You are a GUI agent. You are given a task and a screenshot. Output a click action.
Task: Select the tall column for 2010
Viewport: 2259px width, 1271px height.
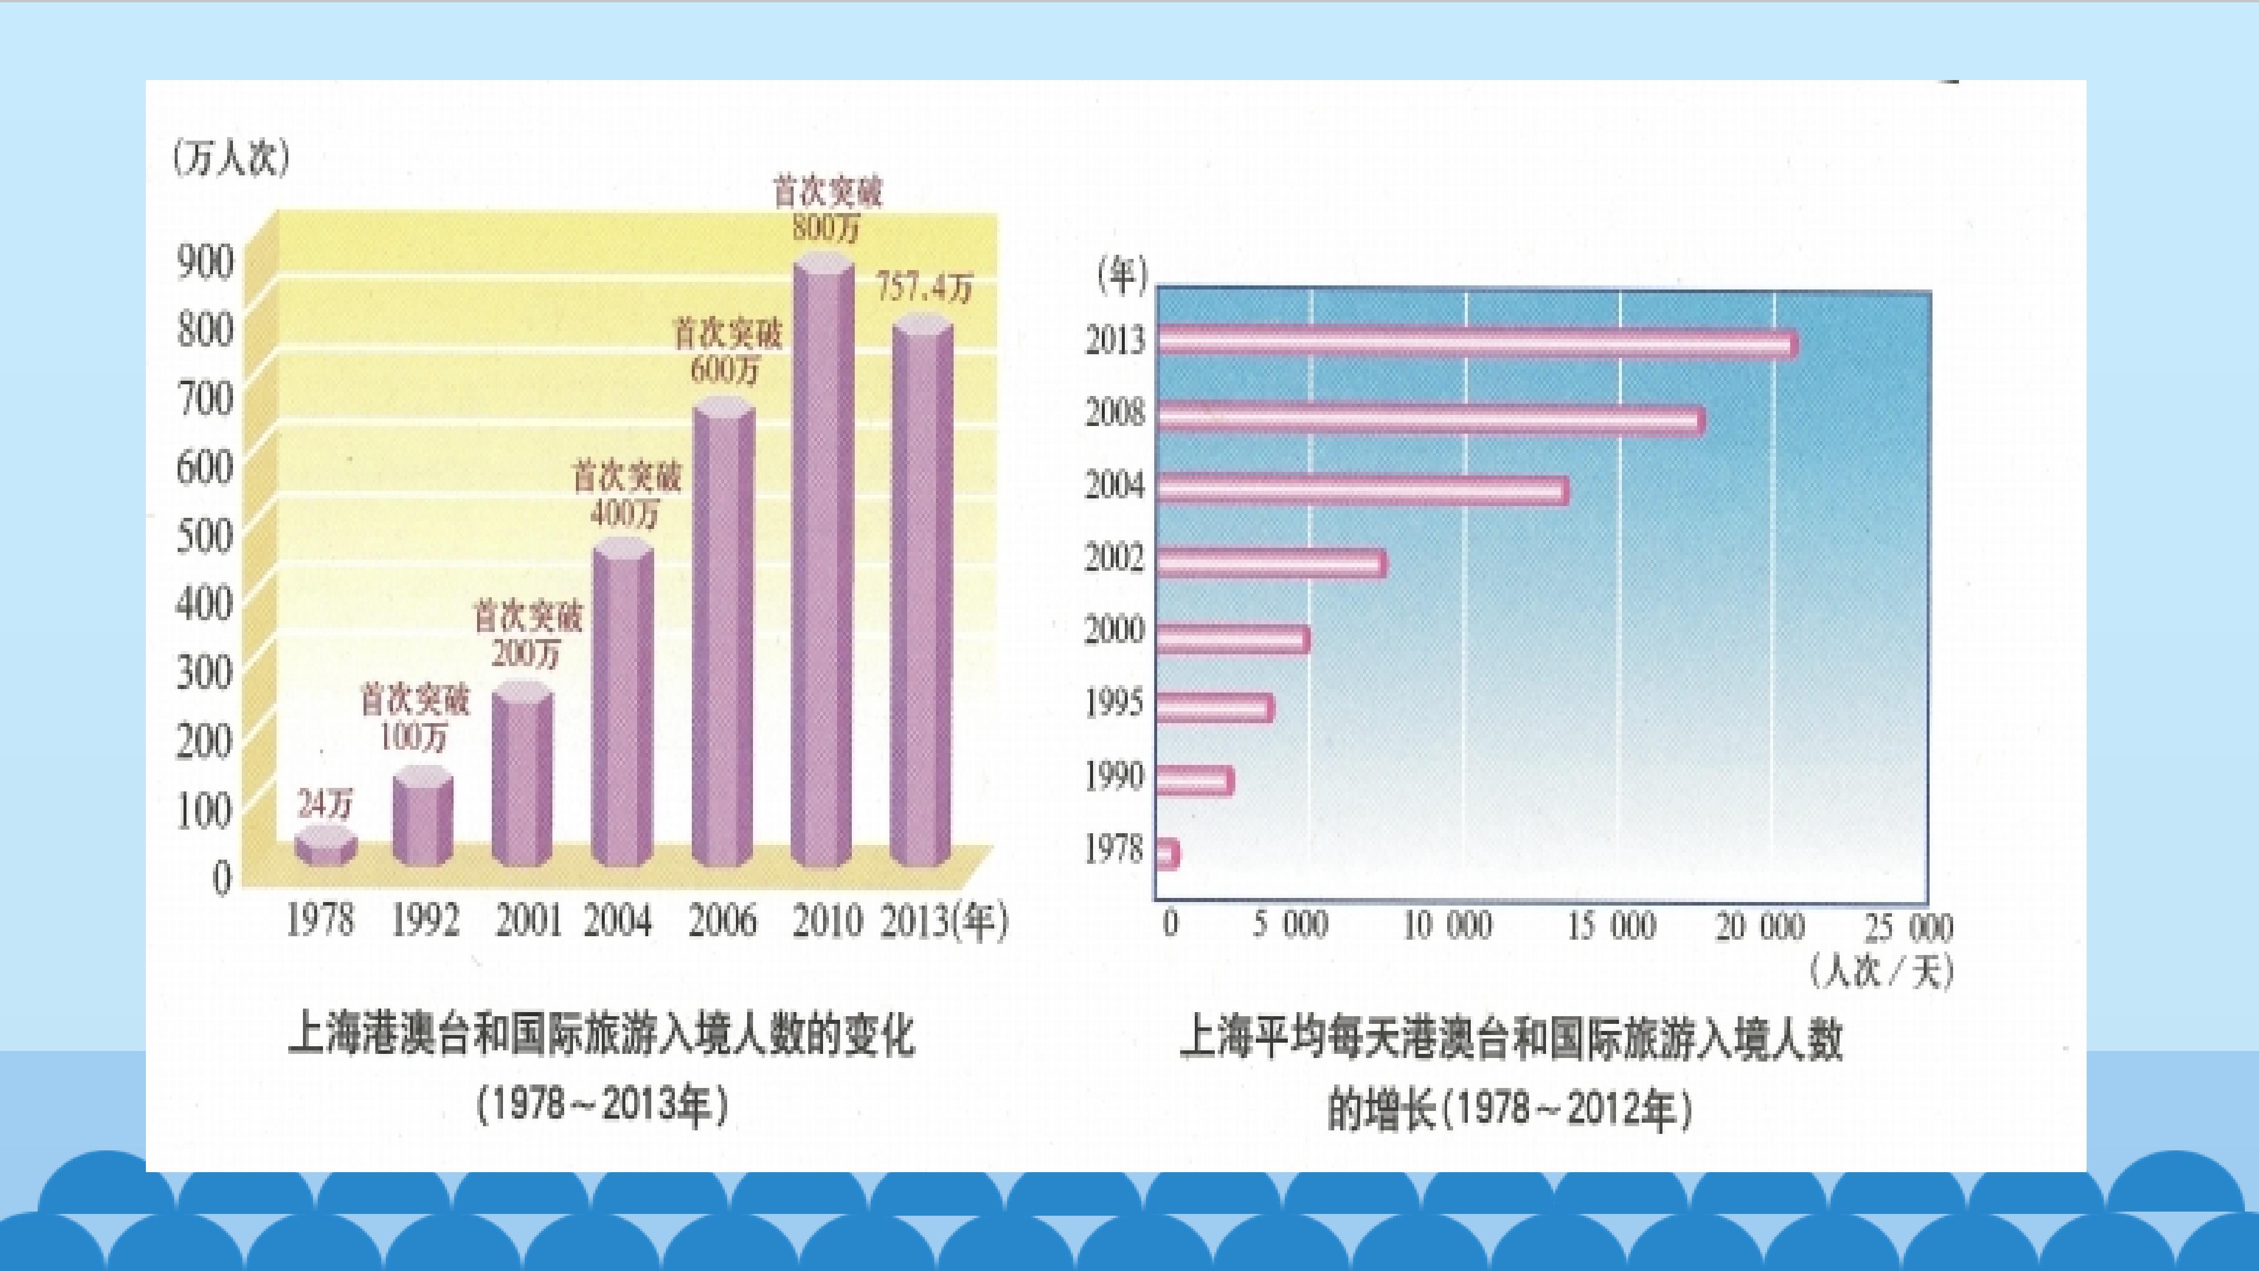(x=822, y=561)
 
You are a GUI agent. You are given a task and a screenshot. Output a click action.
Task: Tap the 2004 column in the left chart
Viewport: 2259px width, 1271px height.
(x=622, y=702)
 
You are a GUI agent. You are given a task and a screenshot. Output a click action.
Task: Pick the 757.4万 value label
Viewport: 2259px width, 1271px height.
(x=925, y=288)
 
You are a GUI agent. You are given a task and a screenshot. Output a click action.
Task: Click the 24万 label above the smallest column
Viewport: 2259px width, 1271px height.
(x=325, y=803)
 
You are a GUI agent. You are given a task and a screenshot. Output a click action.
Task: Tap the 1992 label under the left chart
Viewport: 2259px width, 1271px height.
(x=424, y=921)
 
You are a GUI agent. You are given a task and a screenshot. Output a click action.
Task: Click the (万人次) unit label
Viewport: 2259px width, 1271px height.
(x=231, y=159)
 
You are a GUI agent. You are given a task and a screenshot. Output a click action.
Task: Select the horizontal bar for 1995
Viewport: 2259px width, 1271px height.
(x=1215, y=707)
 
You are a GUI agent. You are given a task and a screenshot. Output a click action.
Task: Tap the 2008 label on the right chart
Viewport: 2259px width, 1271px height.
(x=1115, y=412)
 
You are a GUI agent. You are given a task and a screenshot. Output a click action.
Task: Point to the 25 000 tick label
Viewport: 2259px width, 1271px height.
(x=1908, y=927)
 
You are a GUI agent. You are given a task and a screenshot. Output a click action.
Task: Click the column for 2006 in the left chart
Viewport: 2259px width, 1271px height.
(x=722, y=631)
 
